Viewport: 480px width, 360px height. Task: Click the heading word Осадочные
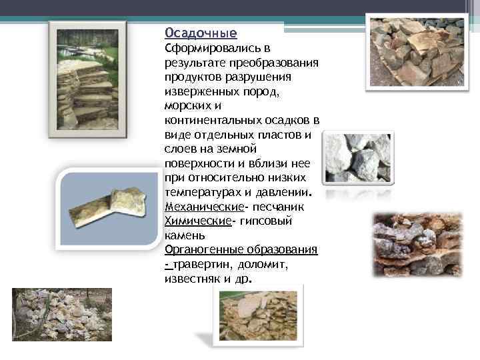tap(201, 33)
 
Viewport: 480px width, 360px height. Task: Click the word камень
tap(183, 235)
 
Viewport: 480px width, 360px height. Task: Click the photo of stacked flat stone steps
tap(87, 79)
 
